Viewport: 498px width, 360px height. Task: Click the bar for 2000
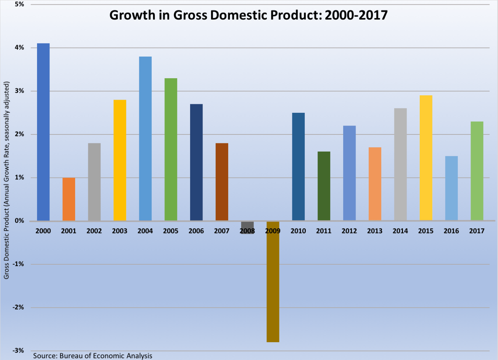click(43, 132)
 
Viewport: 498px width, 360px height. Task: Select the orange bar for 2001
click(69, 199)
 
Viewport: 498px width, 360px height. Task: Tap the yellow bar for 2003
click(120, 160)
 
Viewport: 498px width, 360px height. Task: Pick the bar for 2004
click(145, 138)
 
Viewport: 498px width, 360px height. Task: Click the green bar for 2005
click(171, 149)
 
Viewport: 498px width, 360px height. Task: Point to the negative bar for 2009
click(273, 285)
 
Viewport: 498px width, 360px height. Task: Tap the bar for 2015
click(426, 158)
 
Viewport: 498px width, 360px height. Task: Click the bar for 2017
click(477, 171)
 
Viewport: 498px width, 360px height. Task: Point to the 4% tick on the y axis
click(19, 48)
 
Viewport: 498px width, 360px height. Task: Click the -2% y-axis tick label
click(18, 307)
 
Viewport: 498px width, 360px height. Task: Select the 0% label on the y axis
click(19, 221)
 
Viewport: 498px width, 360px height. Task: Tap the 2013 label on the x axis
click(374, 231)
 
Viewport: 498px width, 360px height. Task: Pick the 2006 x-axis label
click(196, 231)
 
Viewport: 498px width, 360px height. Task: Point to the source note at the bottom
click(93, 356)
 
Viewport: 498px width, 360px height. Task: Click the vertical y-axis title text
click(6, 180)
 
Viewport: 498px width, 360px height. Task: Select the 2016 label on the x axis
click(451, 231)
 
